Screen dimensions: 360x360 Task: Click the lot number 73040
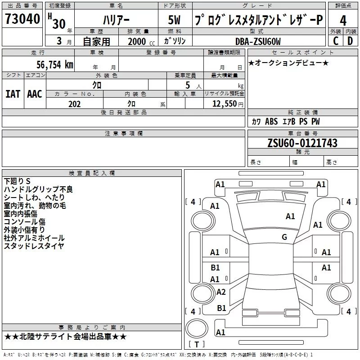tap(22, 20)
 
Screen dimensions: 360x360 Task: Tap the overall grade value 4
tap(343, 21)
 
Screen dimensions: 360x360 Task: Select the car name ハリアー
tap(116, 21)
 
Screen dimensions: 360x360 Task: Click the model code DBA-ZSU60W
tap(258, 41)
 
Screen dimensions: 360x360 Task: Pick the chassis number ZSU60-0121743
tap(302, 143)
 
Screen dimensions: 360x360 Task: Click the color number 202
tap(74, 104)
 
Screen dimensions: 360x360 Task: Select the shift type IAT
tap(13, 94)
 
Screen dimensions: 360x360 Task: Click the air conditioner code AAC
tap(35, 94)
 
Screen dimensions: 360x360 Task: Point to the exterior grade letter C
tap(335, 41)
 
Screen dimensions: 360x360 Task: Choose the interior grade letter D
tap(350, 41)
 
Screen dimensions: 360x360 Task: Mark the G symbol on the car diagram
tap(284, 237)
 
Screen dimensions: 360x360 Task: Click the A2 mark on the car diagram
tap(221, 292)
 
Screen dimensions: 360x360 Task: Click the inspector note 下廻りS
tap(17, 181)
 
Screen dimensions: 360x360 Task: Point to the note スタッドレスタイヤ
tap(34, 246)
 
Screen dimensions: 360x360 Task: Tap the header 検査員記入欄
tap(92, 173)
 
